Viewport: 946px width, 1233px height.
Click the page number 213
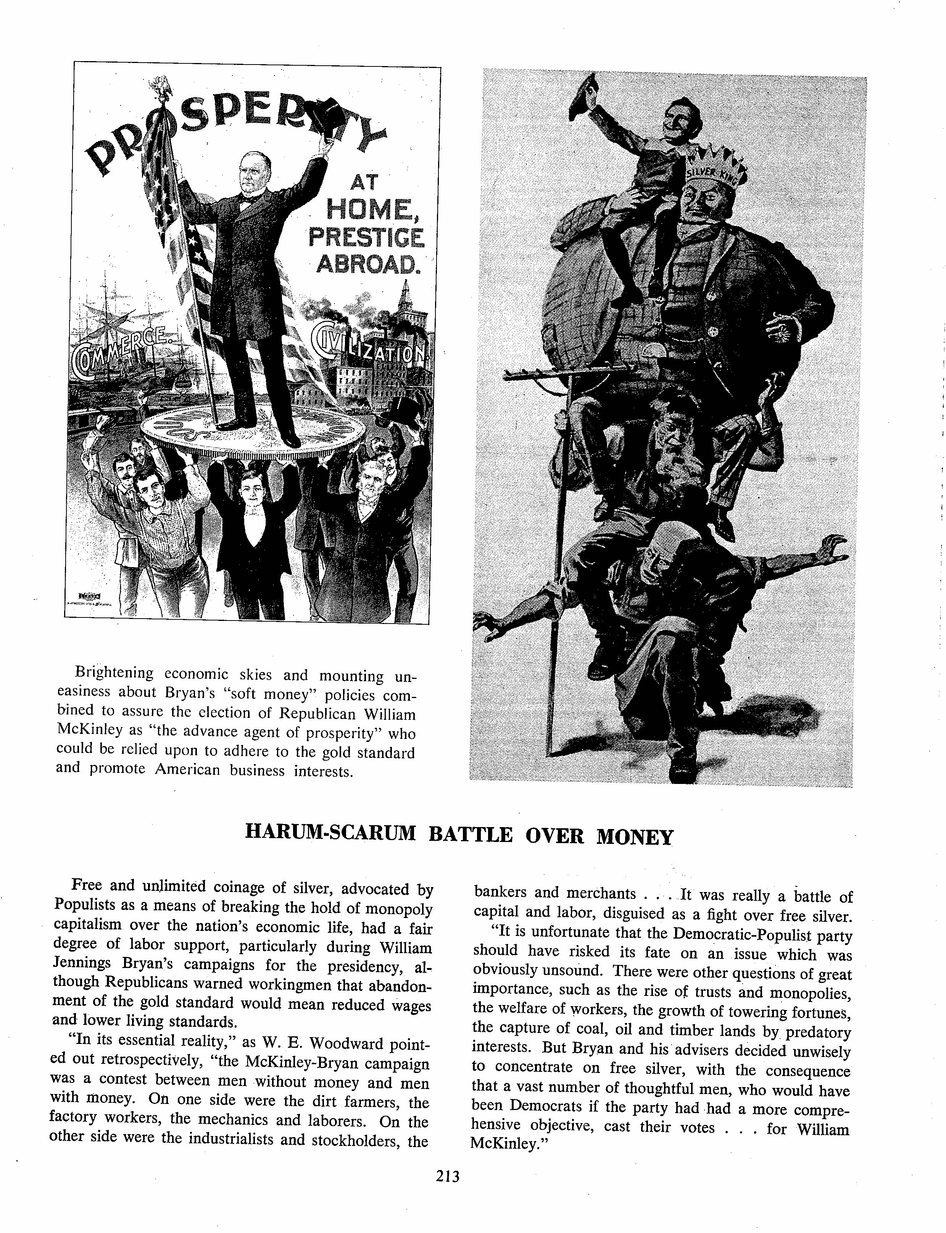click(x=448, y=1176)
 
